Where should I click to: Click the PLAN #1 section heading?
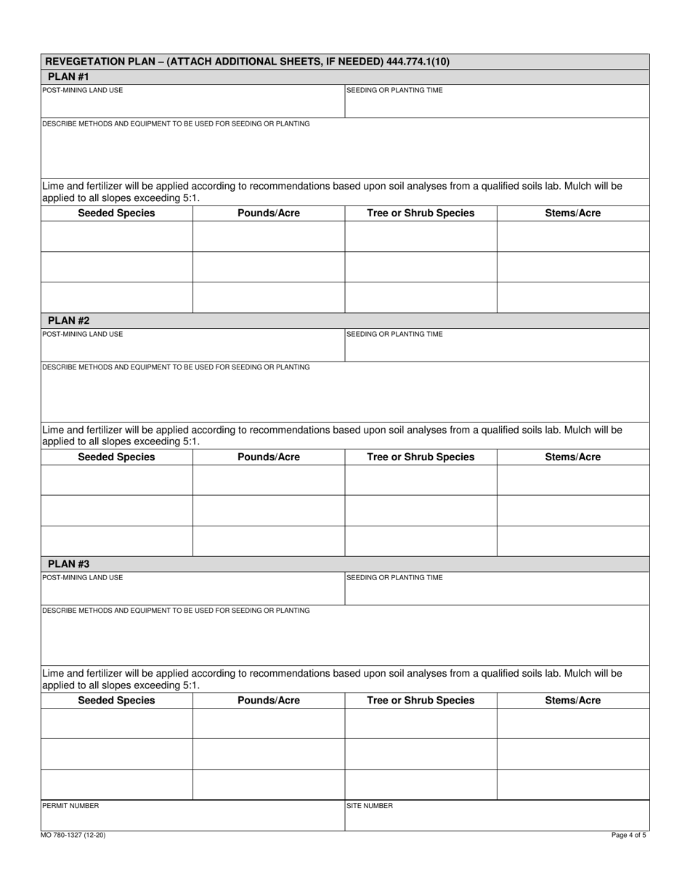point(68,76)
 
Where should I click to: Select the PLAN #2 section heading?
point(68,320)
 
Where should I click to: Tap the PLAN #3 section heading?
point(68,563)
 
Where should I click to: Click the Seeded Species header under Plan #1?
point(116,213)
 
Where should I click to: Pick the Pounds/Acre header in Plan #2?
point(268,457)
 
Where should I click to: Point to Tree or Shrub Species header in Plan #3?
point(421,701)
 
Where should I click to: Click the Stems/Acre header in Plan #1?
point(572,213)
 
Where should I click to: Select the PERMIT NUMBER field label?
point(70,806)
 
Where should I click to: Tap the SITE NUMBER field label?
point(369,806)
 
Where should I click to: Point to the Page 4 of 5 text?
point(628,836)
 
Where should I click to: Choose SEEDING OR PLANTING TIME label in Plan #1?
point(394,91)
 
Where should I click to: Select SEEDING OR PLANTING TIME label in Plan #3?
point(394,578)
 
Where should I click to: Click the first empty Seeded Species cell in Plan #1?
point(116,236)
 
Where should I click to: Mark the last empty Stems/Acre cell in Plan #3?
point(572,784)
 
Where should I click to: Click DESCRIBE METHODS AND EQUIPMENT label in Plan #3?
point(176,611)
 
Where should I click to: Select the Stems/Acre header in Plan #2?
point(572,457)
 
